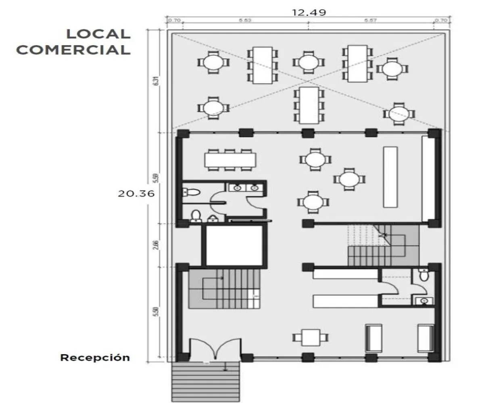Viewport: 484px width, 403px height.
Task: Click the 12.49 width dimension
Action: click(309, 12)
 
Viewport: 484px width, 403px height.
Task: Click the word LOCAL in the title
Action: click(98, 34)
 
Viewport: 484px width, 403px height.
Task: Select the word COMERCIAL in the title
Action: click(75, 50)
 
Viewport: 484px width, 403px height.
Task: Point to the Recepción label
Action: click(95, 357)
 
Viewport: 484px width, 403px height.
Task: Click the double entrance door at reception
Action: click(216, 349)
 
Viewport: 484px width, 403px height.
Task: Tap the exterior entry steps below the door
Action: click(206, 381)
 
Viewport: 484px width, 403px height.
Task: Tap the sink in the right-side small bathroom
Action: click(424, 301)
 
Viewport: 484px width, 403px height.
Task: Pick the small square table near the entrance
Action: click(310, 337)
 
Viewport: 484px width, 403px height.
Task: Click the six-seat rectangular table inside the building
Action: click(230, 160)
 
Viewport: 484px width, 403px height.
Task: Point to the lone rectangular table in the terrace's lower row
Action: click(309, 105)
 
